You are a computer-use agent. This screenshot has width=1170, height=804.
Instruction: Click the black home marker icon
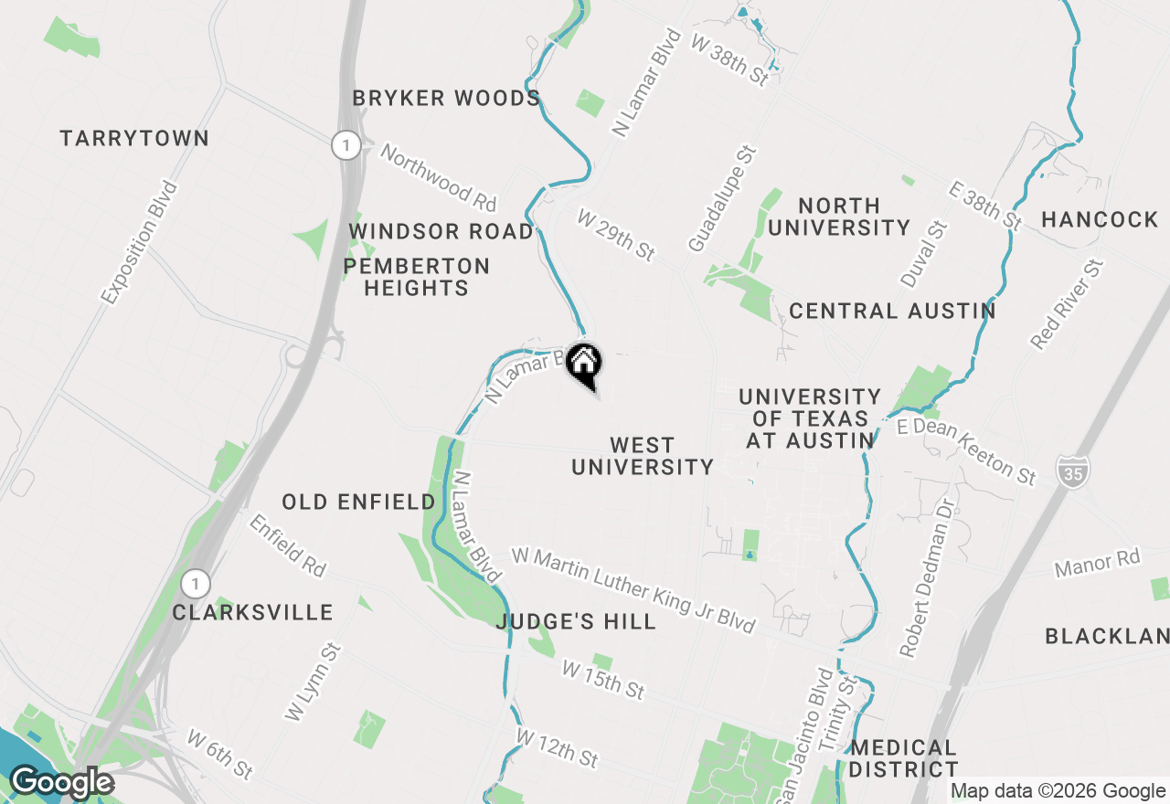pyautogui.click(x=584, y=364)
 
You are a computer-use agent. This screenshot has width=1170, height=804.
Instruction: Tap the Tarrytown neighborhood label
pyautogui.click(x=134, y=139)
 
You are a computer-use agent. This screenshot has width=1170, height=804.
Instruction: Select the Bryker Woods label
pyautogui.click(x=446, y=99)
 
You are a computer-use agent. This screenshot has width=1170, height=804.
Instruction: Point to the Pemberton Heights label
pyautogui.click(x=417, y=277)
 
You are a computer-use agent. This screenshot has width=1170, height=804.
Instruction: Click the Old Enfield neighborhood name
pyautogui.click(x=358, y=503)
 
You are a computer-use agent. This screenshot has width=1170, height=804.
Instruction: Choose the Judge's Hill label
pyautogui.click(x=576, y=622)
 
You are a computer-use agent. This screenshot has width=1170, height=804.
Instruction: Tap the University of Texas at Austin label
pyautogui.click(x=810, y=419)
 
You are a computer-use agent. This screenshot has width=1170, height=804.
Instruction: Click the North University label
pyautogui.click(x=838, y=217)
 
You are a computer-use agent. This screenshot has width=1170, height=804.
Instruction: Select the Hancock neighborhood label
pyautogui.click(x=1100, y=219)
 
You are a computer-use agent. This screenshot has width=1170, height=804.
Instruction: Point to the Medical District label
pyautogui.click(x=903, y=758)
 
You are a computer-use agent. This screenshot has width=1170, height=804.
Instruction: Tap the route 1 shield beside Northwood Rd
pyautogui.click(x=346, y=145)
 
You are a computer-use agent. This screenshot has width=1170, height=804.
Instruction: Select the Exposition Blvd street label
pyautogui.click(x=140, y=242)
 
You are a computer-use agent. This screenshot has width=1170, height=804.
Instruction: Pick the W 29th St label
pyautogui.click(x=615, y=234)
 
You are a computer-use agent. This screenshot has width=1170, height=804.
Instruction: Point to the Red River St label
pyautogui.click(x=1067, y=304)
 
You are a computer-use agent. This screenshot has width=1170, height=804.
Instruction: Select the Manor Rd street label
pyautogui.click(x=1097, y=562)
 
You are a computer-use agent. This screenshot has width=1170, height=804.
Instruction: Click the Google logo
pyautogui.click(x=61, y=783)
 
